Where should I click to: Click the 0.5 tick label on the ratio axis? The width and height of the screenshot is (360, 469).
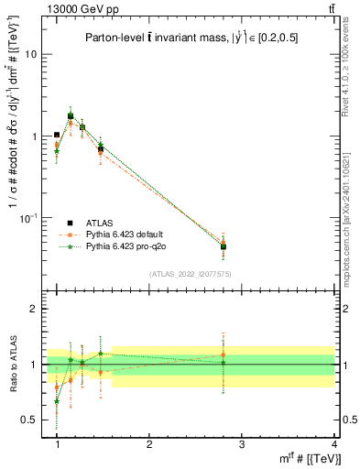[29, 419]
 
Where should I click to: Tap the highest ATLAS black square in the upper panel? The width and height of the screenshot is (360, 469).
[71, 116]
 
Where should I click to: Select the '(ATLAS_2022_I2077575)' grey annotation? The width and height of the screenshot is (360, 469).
[191, 274]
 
